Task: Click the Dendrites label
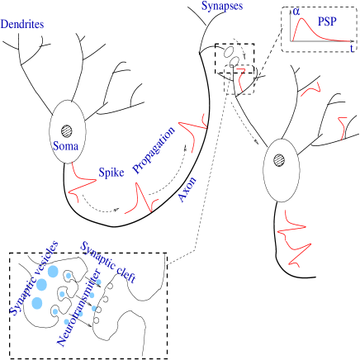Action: pos(22,25)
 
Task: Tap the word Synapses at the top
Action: pos(222,6)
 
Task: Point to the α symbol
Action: pos(296,12)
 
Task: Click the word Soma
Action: pos(66,146)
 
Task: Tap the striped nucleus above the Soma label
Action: pos(66,130)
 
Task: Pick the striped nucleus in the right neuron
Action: pos(280,159)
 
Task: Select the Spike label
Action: pos(111,173)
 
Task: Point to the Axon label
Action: pos(187,189)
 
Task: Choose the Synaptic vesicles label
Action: pos(33,278)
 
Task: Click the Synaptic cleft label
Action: pos(108,262)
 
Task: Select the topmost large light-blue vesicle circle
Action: pos(53,271)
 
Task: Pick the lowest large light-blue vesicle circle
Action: pos(37,303)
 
